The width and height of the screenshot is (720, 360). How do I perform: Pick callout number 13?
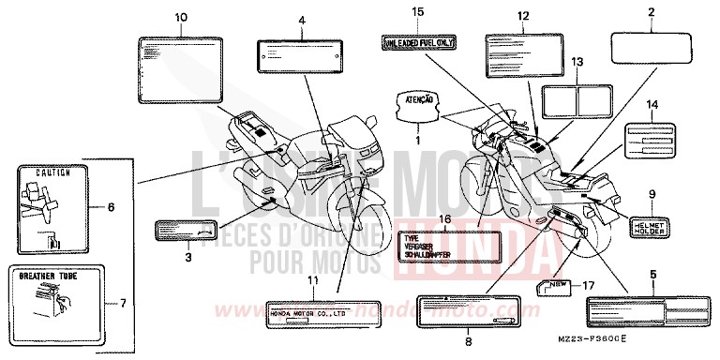tap(578, 61)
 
